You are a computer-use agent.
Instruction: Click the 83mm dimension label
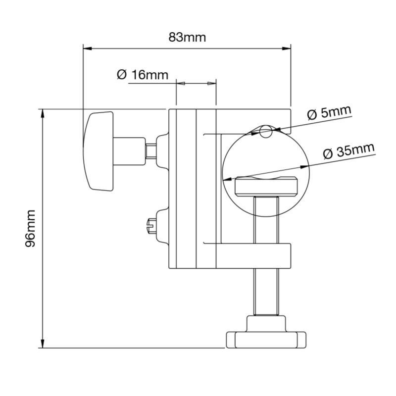[x=187, y=37]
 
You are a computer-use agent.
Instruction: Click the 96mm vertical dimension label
[x=30, y=228]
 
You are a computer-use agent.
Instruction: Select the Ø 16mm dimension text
[x=143, y=75]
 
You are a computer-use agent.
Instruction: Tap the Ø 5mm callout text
[x=329, y=112]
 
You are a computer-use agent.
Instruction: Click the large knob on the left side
[x=99, y=150]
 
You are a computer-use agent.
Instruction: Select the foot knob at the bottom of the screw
[x=266, y=339]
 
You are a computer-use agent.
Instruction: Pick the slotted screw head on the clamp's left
[x=152, y=228]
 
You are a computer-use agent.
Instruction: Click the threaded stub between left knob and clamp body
[x=151, y=149]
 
